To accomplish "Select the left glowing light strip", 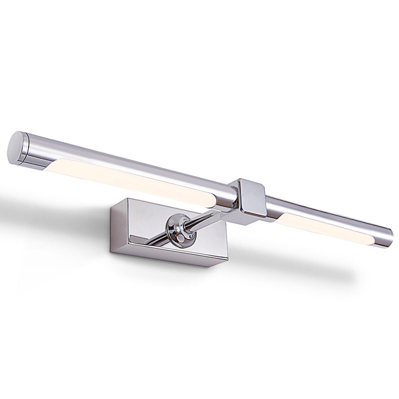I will (135, 182).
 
